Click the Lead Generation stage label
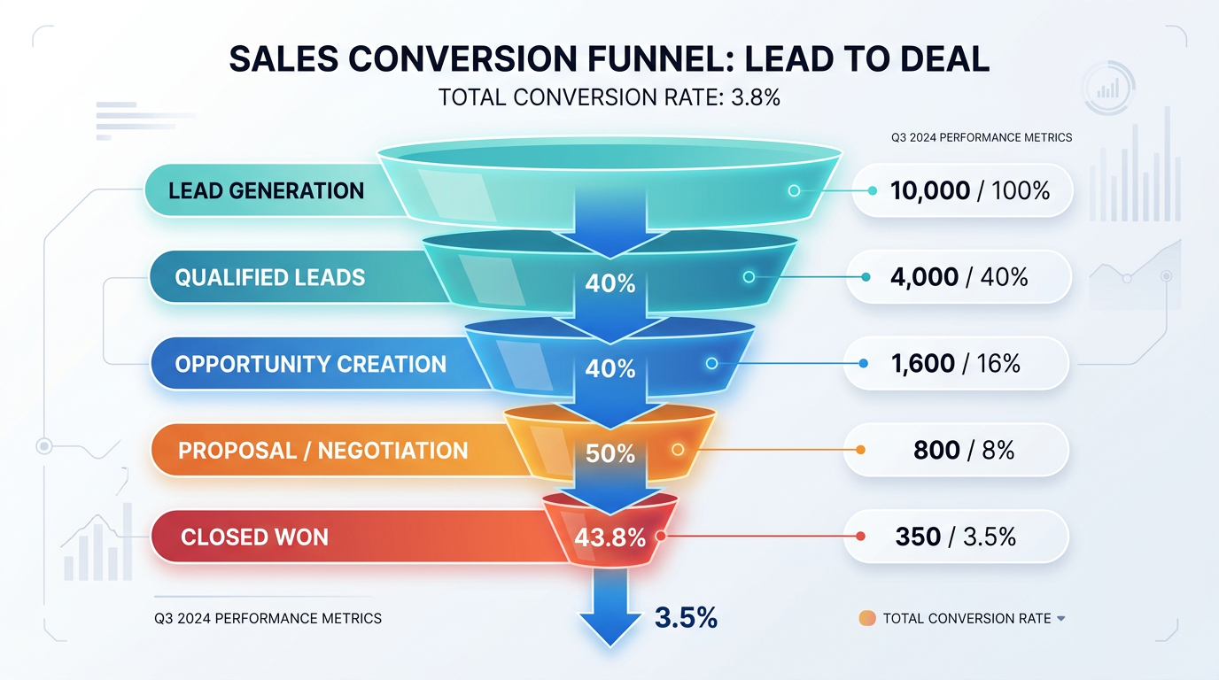coord(266,191)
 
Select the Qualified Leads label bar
coord(269,278)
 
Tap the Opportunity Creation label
coord(310,365)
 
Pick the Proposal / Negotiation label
coord(322,451)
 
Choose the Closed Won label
coord(254,537)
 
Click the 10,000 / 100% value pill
coord(963,190)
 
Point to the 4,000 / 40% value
coord(959,277)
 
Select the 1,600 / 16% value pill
coord(956,364)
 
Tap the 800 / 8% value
coord(963,451)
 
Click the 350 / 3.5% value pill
coord(955,537)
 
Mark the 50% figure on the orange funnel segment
coord(610,454)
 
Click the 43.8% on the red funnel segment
coord(609,537)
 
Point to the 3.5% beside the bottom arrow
coord(686,617)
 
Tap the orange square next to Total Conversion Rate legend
coord(867,619)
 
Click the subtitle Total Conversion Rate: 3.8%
coord(609,97)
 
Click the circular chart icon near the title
coord(1107,88)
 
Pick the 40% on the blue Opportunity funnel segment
coord(610,368)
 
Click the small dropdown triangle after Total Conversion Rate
coord(1061,619)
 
